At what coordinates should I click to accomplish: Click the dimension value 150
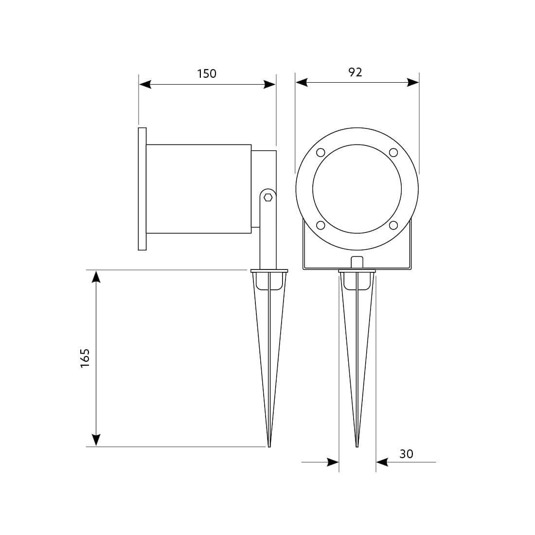click(206, 74)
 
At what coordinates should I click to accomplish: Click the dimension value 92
click(356, 72)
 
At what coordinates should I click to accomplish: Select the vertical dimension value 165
click(86, 358)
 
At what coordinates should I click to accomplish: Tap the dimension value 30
click(406, 454)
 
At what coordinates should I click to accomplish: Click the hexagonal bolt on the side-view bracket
click(267, 197)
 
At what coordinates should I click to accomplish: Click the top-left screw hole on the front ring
click(320, 153)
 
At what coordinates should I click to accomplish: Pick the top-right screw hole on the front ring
click(393, 153)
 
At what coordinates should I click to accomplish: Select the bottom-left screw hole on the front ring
click(320, 225)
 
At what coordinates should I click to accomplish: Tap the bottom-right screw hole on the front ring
click(393, 225)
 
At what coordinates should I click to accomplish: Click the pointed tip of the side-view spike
click(268, 445)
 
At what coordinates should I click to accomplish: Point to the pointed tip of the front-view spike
click(357, 445)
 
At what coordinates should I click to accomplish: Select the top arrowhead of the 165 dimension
click(96, 276)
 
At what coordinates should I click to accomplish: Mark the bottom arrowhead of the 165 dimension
click(96, 440)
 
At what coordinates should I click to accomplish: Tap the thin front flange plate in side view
click(142, 189)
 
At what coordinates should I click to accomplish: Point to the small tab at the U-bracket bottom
click(357, 262)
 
